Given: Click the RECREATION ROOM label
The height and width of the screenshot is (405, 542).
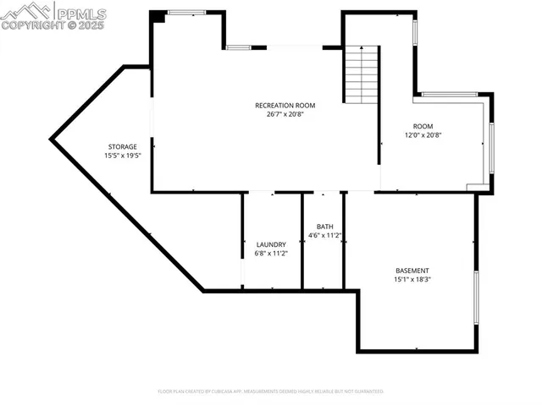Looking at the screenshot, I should pyautogui.click(x=285, y=106).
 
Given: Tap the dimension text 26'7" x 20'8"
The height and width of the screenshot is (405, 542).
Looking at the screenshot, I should pyautogui.click(x=285, y=114).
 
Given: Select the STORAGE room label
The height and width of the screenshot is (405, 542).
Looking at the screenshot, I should pyautogui.click(x=121, y=147).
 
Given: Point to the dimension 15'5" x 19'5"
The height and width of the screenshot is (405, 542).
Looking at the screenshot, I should pyautogui.click(x=121, y=156).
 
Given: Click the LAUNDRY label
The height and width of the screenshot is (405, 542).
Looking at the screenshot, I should pyautogui.click(x=271, y=244).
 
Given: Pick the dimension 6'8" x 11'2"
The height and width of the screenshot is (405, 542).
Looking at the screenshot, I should pyautogui.click(x=271, y=253).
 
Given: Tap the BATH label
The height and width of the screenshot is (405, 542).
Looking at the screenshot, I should pyautogui.click(x=325, y=227).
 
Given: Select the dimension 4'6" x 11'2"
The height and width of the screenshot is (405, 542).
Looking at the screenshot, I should pyautogui.click(x=325, y=235).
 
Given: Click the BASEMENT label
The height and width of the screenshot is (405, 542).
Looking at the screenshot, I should pyautogui.click(x=412, y=271).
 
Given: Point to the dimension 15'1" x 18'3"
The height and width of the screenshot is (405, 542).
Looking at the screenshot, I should pyautogui.click(x=412, y=279).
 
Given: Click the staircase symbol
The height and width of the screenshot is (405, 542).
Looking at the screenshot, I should pyautogui.click(x=360, y=74).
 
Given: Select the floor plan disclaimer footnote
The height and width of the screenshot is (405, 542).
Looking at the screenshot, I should pyautogui.click(x=271, y=391).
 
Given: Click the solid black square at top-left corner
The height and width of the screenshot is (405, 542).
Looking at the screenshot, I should pyautogui.click(x=158, y=16).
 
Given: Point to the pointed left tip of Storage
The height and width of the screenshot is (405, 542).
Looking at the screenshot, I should pyautogui.click(x=53, y=136).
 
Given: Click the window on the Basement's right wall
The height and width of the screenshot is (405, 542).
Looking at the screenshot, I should pyautogui.click(x=475, y=298).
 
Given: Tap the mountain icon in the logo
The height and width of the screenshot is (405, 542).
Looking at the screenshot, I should pyautogui.click(x=25, y=11).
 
